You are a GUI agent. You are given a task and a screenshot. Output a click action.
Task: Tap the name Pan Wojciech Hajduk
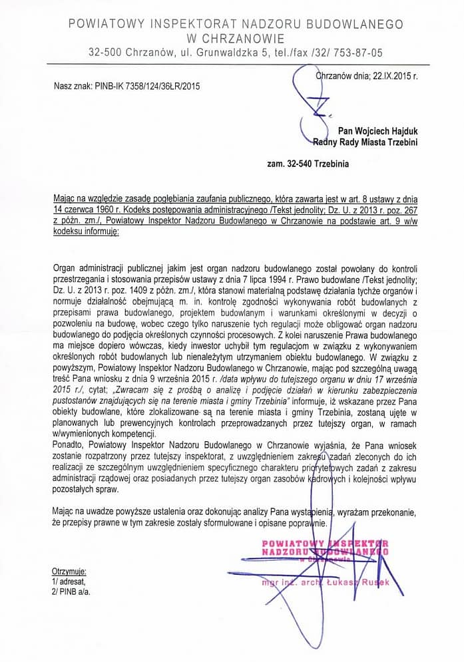378,132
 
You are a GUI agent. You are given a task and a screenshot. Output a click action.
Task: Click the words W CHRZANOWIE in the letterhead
236,39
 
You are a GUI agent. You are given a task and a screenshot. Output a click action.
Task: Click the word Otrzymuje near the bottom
69,572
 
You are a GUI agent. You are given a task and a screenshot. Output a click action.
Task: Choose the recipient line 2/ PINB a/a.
72,590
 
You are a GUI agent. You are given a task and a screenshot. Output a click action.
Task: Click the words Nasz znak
69,86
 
